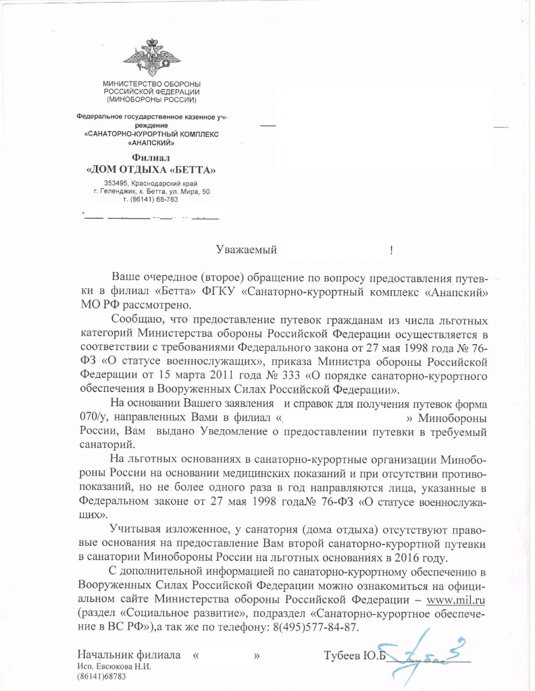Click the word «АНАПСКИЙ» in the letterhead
pyautogui.click(x=152, y=144)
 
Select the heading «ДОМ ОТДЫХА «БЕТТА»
pyautogui.click(x=152, y=169)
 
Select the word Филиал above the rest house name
pyautogui.click(x=151, y=157)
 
